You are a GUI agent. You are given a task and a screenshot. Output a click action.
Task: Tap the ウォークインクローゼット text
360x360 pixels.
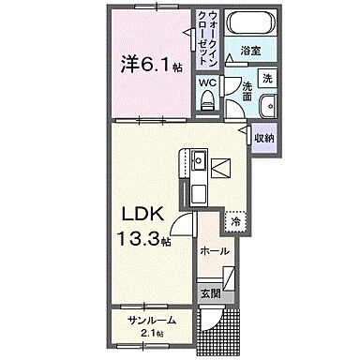[x=208, y=38]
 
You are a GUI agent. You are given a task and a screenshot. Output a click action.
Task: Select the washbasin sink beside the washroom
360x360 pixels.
[x=267, y=105]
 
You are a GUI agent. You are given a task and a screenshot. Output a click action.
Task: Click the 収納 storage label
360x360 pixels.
[x=263, y=138]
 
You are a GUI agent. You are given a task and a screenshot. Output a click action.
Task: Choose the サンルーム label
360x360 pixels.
[x=153, y=321]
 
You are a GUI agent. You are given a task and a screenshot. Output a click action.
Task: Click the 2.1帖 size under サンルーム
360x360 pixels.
[x=153, y=334]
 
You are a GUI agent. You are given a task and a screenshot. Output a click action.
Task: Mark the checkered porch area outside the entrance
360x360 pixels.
[x=226, y=328]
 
